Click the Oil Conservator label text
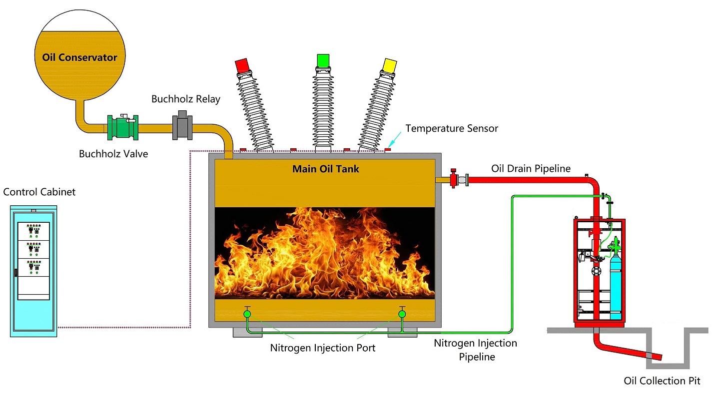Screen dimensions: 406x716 79,57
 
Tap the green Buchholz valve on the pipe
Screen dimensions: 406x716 123,127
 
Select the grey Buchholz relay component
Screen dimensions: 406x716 182,128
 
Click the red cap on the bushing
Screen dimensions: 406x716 242,65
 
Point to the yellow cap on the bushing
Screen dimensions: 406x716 389,65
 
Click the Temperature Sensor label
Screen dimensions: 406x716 452,128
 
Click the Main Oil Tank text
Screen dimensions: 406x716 325,169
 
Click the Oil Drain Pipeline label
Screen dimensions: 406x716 531,168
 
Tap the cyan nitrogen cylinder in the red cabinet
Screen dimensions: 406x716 617,290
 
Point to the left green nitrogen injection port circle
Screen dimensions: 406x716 247,314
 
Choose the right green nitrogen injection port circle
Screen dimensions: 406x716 402,314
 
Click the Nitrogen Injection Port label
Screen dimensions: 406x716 323,348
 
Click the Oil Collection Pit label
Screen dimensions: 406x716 662,381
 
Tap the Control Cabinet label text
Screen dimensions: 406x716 39,192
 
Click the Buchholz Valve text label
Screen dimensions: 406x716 113,154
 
